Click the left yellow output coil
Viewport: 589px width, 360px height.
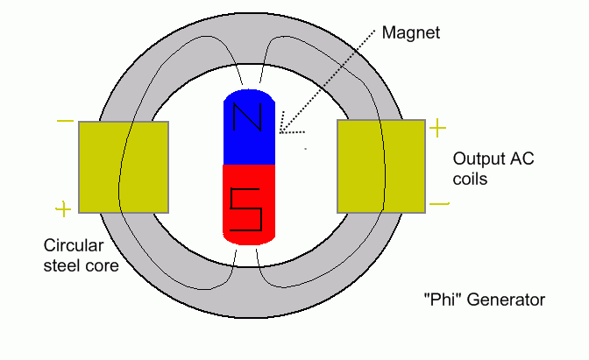[124, 167]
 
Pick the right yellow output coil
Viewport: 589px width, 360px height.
[381, 167]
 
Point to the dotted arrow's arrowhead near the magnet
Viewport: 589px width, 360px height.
[283, 132]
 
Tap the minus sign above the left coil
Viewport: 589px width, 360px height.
[64, 122]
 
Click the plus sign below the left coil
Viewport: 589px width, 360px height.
[63, 208]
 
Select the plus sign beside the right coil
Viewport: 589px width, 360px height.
[437, 130]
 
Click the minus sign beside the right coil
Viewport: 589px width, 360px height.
[440, 205]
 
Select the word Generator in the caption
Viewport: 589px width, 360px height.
[505, 300]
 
